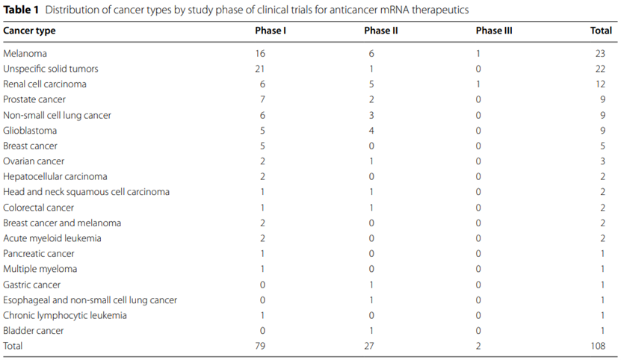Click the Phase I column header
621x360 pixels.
[x=271, y=31]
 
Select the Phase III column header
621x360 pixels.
[x=494, y=31]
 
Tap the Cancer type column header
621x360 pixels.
[x=29, y=31]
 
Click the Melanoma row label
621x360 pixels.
[x=25, y=54]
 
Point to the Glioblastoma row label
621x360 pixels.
[x=30, y=131]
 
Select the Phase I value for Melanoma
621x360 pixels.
[x=260, y=54]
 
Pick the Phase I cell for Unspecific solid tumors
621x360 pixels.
[x=260, y=69]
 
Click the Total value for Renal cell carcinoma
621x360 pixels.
[x=600, y=84]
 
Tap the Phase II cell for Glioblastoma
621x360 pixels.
[x=371, y=131]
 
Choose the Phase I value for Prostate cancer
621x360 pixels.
[x=262, y=99]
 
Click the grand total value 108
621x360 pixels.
[x=598, y=346]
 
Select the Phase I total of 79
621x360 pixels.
[x=260, y=346]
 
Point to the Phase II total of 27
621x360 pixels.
[x=369, y=346]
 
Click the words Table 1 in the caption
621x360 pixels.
[x=21, y=10]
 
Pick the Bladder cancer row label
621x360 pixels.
[x=34, y=331]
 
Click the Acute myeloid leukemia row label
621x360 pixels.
[x=52, y=238]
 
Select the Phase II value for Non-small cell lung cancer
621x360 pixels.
[x=371, y=115]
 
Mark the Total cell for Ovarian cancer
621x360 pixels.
[x=602, y=161]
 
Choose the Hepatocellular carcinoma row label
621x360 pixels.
[x=55, y=176]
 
